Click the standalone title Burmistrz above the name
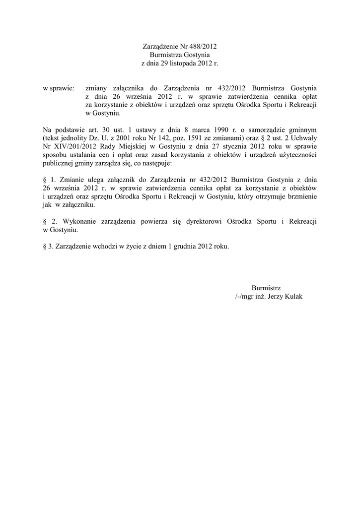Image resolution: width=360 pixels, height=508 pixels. click(x=266, y=288)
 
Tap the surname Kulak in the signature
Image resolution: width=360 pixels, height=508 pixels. click(x=291, y=296)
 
